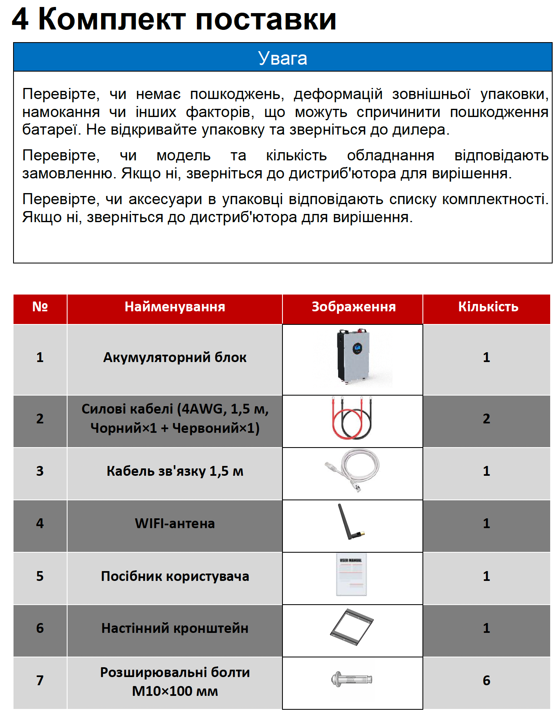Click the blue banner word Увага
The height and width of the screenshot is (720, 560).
282,58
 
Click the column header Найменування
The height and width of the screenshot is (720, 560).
175,307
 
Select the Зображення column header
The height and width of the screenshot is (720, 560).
354,307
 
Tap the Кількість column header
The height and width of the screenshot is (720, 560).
488,307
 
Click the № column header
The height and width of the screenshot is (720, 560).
40,307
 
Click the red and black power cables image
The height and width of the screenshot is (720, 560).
352,418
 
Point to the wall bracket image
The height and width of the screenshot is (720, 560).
352,627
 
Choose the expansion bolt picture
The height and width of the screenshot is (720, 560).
352,679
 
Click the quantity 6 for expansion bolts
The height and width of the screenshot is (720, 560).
486,680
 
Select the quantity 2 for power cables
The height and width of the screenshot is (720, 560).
486,418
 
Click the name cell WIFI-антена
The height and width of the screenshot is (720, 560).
175,523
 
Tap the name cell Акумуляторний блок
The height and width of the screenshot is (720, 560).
175,357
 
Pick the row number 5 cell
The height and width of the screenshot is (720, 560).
40,576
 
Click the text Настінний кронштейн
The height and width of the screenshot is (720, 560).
175,628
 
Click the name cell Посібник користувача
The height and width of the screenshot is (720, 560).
175,576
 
